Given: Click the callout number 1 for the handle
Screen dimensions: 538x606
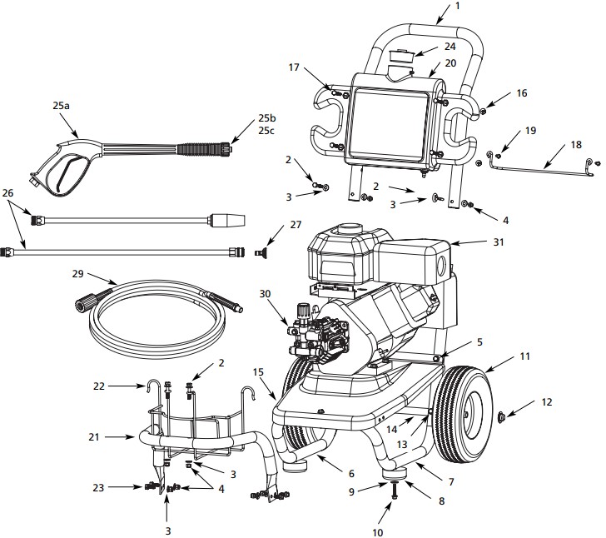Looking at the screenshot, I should coord(456,7).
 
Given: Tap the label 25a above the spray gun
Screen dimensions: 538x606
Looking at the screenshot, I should coord(62,107).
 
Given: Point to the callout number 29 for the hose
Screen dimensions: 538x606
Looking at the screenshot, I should coord(77,274).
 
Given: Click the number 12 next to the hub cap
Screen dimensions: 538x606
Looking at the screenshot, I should coord(545,401).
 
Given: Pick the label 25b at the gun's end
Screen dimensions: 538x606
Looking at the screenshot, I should coord(266,118).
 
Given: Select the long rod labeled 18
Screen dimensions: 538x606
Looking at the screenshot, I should coord(541,172).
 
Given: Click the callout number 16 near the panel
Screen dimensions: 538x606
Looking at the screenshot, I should coord(521,94).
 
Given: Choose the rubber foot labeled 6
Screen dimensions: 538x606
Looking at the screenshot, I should coord(298,461).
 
